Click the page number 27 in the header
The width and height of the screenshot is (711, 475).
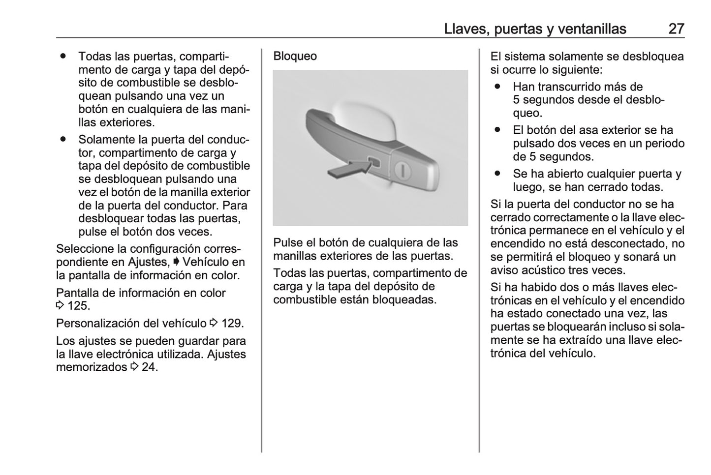click(676, 29)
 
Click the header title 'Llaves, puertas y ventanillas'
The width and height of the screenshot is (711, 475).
click(535, 29)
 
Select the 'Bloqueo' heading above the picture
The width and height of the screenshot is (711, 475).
click(295, 56)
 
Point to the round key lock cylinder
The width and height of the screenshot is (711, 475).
click(403, 170)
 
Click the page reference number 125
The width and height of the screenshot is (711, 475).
click(78, 306)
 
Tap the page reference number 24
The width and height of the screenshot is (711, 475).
click(150, 367)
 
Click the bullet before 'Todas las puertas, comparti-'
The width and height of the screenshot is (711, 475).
click(63, 57)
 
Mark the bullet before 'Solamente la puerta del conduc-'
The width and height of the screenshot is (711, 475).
click(63, 140)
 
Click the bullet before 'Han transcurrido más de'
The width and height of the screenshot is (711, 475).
click(498, 87)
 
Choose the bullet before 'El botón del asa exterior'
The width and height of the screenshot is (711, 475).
click(498, 130)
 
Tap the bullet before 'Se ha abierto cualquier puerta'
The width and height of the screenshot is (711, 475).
click(498, 174)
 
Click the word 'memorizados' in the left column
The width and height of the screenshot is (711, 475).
click(92, 367)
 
